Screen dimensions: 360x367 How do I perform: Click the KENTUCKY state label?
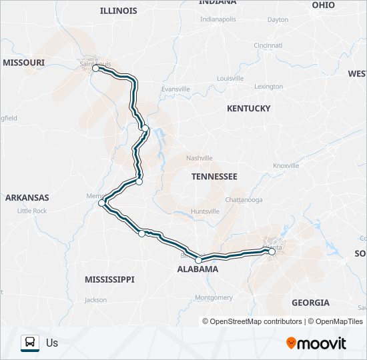(248, 108)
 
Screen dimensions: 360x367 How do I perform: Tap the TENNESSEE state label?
(214, 177)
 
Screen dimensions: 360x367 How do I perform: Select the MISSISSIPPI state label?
(109, 279)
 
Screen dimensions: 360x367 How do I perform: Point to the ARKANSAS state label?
(27, 197)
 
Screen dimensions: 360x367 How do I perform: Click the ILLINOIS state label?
(118, 11)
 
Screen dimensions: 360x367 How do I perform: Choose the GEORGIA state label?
(310, 303)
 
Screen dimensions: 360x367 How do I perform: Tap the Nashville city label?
(200, 158)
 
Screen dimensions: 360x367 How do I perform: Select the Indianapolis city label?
(218, 19)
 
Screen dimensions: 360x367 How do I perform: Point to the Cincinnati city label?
(268, 45)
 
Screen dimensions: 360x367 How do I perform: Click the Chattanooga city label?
(244, 200)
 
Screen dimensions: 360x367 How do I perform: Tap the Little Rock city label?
(32, 211)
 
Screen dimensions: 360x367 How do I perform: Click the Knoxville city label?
(286, 165)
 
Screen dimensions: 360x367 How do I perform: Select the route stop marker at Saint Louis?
(95, 68)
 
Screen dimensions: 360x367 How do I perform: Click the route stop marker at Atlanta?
(272, 251)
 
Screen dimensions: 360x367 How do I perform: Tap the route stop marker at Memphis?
(101, 203)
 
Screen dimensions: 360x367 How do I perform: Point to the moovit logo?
(316, 343)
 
